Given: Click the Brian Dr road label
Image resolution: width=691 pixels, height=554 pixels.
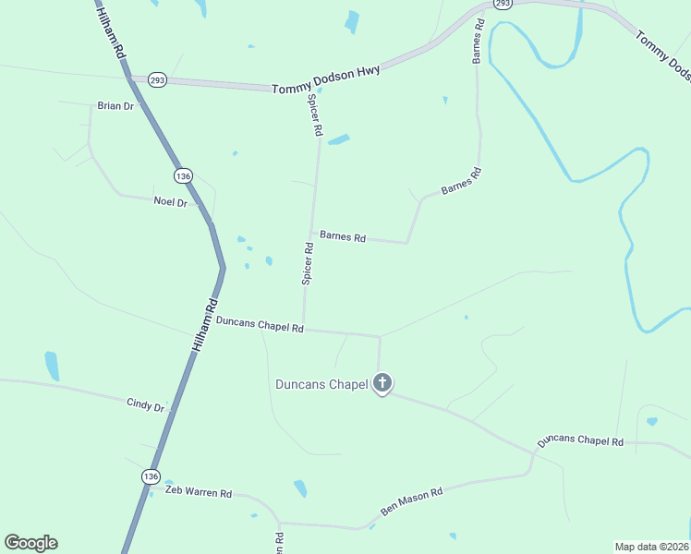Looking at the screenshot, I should (115, 106).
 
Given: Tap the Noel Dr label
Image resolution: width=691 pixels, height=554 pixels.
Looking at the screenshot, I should (170, 202).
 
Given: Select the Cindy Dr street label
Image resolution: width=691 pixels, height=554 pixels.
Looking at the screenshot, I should (146, 406).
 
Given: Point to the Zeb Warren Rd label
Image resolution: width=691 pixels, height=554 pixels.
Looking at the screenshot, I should (198, 493).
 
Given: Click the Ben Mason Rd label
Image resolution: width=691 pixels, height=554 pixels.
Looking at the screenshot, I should (412, 502).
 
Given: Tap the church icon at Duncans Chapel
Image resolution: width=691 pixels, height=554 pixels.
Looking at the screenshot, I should (382, 383).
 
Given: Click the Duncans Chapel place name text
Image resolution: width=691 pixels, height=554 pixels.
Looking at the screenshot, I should (321, 384).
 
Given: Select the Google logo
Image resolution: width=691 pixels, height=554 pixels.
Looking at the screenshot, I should (30, 543).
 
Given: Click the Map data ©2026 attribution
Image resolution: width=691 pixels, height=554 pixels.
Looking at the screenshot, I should (651, 546).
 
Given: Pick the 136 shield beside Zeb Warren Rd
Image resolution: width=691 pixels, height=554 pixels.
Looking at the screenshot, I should (151, 476).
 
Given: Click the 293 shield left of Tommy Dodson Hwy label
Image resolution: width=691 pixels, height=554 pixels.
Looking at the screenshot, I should (157, 79).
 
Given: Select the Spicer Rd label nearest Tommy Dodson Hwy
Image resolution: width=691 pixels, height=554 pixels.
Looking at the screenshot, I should (315, 115).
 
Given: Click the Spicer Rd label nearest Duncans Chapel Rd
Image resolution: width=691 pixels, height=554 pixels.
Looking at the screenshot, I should (309, 264).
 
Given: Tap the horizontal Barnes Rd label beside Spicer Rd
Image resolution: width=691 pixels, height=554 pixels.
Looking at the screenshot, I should (343, 236).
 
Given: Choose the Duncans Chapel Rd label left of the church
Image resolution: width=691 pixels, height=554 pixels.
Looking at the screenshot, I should (260, 324).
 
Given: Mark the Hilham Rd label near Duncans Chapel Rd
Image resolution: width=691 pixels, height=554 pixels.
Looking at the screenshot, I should (206, 323).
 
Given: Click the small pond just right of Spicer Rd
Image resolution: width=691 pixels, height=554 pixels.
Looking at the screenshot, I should (339, 140).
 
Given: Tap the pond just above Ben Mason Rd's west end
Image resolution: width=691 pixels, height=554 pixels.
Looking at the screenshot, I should (300, 488).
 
